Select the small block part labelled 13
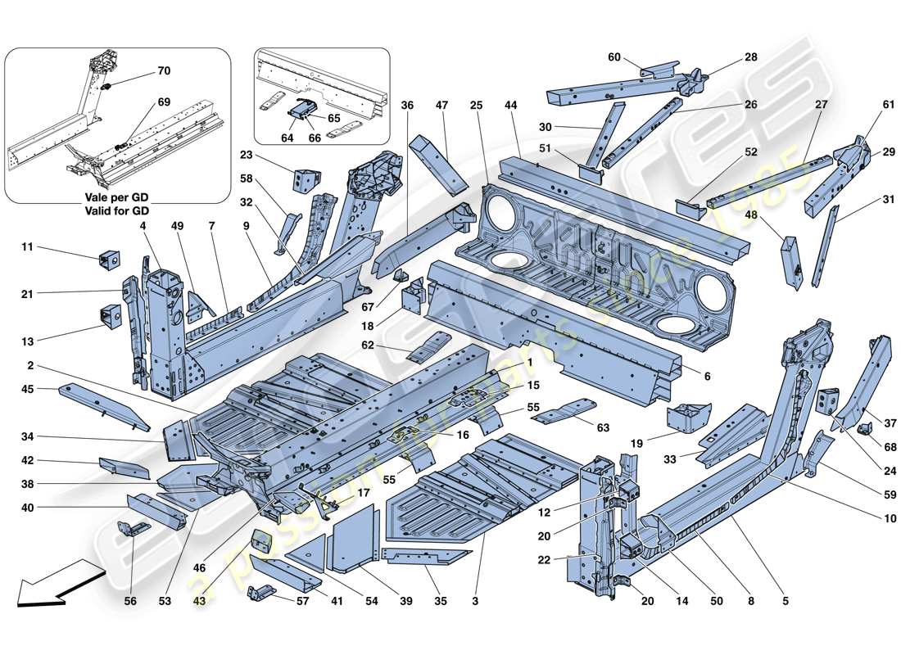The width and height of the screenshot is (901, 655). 111,314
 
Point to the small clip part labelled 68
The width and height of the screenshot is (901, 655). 863,428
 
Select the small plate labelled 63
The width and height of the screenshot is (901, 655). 564,411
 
